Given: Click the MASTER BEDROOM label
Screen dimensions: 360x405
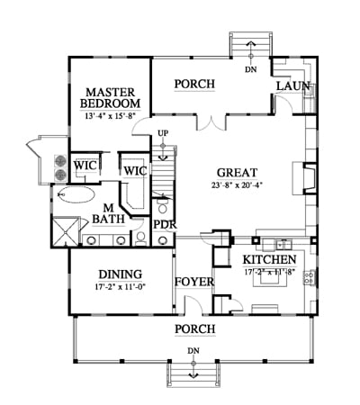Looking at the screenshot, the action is pyautogui.click(x=110, y=98).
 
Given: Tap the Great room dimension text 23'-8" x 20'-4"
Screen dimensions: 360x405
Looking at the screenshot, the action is pyautogui.click(x=237, y=184).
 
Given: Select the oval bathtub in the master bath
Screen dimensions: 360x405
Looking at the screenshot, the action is pyautogui.click(x=76, y=195).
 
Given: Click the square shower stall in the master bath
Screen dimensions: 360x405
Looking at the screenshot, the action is pyautogui.click(x=66, y=231).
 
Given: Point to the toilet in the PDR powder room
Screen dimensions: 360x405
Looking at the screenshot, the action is pyautogui.click(x=163, y=206).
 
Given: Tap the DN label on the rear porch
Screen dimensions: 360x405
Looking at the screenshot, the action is pyautogui.click(x=251, y=69).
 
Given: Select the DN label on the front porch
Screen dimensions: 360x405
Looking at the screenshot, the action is pyautogui.click(x=193, y=351).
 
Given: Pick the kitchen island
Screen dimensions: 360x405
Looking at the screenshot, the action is pyautogui.click(x=270, y=279).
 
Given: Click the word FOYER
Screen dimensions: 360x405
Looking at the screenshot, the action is pyautogui.click(x=194, y=282).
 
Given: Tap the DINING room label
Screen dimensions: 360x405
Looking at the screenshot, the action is pyautogui.click(x=121, y=274).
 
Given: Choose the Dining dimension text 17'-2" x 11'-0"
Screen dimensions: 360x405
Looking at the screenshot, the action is pyautogui.click(x=121, y=287).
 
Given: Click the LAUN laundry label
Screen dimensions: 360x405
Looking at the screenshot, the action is pyautogui.click(x=292, y=86).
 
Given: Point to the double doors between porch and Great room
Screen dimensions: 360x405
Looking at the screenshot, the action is pyautogui.click(x=212, y=122).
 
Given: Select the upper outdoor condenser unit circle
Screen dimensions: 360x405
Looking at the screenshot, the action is pyautogui.click(x=60, y=160).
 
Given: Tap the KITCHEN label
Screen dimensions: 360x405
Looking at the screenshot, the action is pyautogui.click(x=269, y=259).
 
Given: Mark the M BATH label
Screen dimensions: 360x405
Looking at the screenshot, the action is pyautogui.click(x=108, y=213).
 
